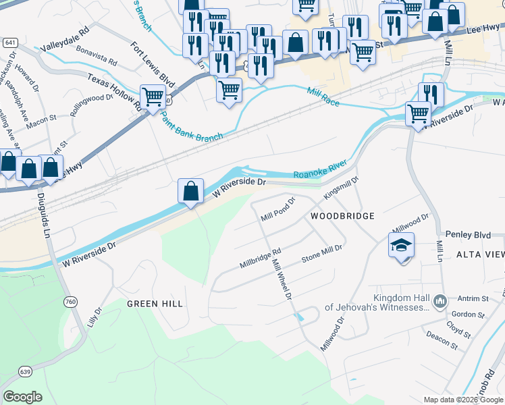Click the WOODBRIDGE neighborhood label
pyautogui.click(x=342, y=216)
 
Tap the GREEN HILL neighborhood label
pyautogui.click(x=155, y=304)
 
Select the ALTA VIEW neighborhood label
pyautogui.click(x=480, y=254)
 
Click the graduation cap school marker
pyautogui.click(x=401, y=244)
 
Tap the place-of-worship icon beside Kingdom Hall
pyautogui.click(x=440, y=300)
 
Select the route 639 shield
pyautogui.click(x=26, y=371)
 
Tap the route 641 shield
pyautogui.click(x=9, y=42)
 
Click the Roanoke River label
pyautogui.click(x=319, y=170)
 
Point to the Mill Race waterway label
pyautogui.click(x=323, y=96)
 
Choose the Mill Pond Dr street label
pyautogui.click(x=278, y=210)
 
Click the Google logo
pyautogui.click(x=22, y=397)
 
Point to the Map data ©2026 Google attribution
pyautogui.click(x=462, y=400)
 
